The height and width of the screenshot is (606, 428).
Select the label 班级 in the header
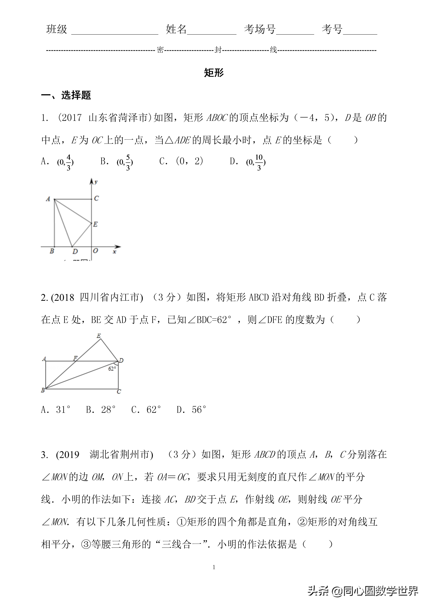tap(57, 29)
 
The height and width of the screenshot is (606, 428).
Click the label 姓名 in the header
tap(176, 29)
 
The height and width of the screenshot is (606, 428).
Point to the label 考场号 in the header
tap(260, 29)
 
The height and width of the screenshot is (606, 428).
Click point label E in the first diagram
tap(95, 224)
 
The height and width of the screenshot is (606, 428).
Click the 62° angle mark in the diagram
tap(112, 369)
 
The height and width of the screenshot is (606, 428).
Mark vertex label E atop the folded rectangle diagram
tap(99, 336)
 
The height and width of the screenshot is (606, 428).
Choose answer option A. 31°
tap(56, 410)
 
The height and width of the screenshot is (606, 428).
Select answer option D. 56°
tap(191, 410)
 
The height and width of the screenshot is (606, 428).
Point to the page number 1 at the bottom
tap(214, 567)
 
